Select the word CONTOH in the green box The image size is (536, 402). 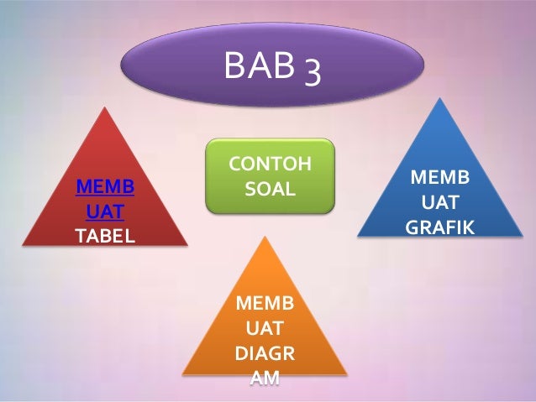(270, 163)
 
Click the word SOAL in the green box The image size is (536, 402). (270, 189)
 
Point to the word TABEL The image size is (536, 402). (105, 234)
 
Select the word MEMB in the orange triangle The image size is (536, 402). (265, 302)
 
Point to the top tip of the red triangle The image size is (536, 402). (105, 107)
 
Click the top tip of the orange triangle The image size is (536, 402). (265, 237)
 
